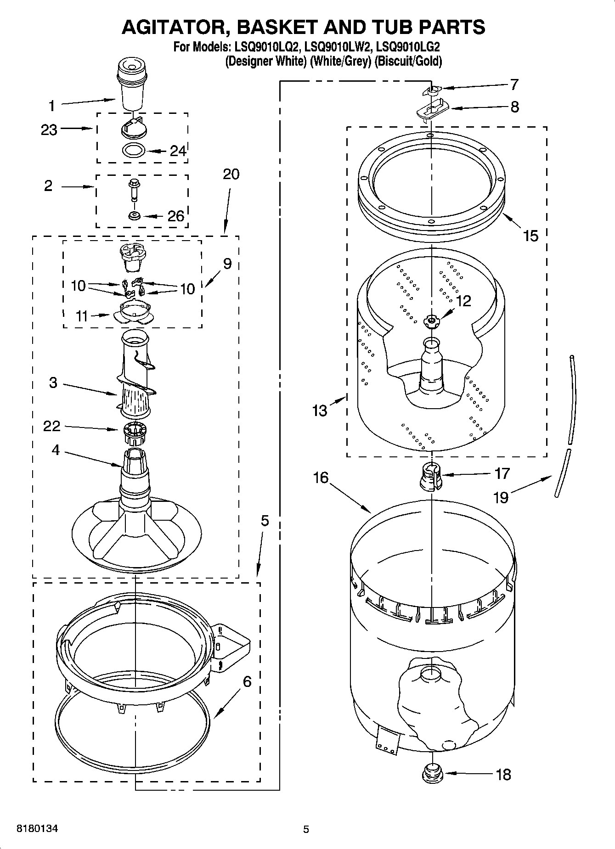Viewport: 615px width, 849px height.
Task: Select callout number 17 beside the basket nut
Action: pyautogui.click(x=502, y=473)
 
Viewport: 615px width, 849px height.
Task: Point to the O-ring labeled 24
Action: pyautogui.click(x=134, y=150)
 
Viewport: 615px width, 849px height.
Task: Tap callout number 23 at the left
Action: pyautogui.click(x=49, y=130)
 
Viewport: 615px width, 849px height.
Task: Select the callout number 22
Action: pyautogui.click(x=51, y=426)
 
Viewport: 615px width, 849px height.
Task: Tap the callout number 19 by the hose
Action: pyautogui.click(x=501, y=497)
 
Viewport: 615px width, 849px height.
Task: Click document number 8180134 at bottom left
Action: pyautogui.click(x=37, y=829)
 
